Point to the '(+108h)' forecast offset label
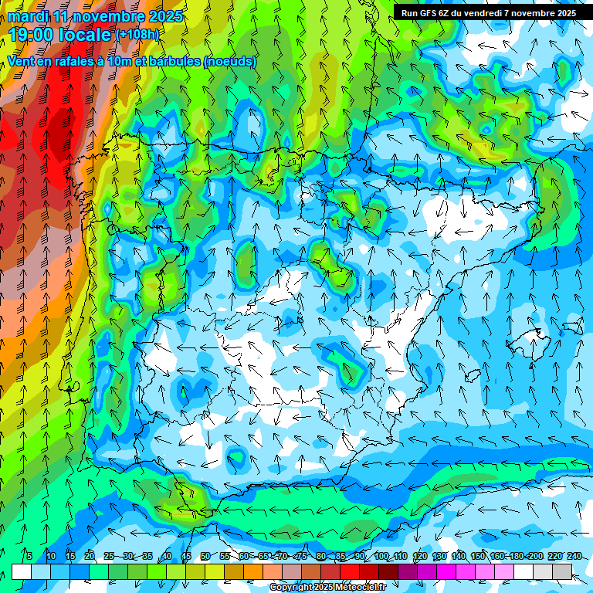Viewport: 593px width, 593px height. tap(137, 35)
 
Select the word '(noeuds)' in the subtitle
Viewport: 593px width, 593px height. tap(230, 62)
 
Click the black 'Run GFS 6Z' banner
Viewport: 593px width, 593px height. tap(489, 12)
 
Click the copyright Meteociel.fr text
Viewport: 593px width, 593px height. tap(327, 588)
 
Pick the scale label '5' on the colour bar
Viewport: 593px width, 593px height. tap(29, 557)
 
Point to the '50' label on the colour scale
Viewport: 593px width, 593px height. tap(205, 557)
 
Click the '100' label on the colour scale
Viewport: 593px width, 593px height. tap(381, 557)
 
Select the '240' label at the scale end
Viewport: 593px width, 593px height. tap(574, 557)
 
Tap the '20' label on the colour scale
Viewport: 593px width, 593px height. tap(90, 557)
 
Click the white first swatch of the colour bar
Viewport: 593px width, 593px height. tap(22, 571)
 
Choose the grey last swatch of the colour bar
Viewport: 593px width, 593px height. tap(562, 571)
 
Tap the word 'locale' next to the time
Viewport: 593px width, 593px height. tap(87, 35)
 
